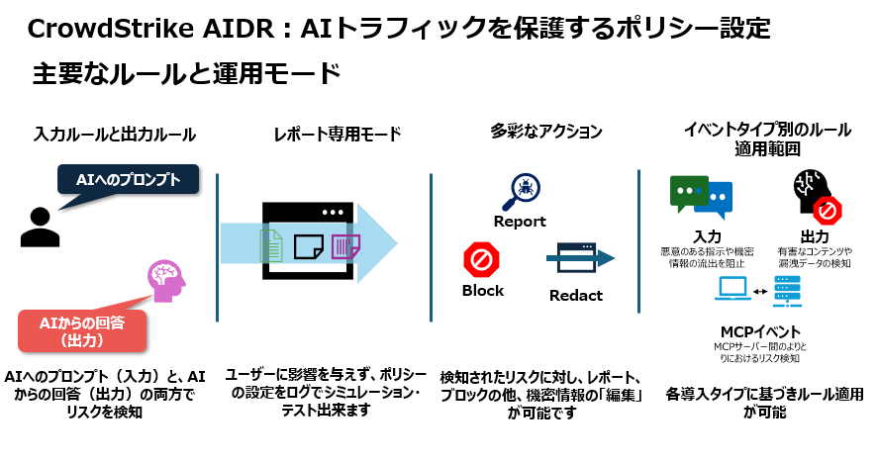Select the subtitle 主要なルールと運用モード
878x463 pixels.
(186, 74)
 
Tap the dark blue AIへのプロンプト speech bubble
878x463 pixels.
(128, 179)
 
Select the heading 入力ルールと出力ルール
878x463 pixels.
(115, 133)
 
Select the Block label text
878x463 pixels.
(482, 291)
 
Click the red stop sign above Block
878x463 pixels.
(482, 260)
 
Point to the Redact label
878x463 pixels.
(576, 296)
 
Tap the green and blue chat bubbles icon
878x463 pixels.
(701, 195)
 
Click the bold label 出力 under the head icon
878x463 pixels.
(814, 237)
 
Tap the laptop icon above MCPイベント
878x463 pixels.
(733, 290)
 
